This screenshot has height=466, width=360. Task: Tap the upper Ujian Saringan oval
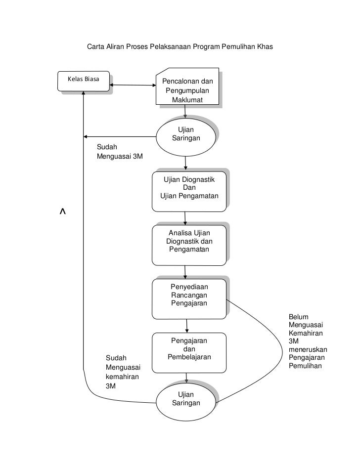(186, 134)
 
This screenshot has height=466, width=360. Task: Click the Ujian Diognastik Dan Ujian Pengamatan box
(189, 189)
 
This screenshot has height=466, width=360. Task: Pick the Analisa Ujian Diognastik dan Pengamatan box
(189, 242)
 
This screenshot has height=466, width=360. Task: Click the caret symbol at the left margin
(63, 212)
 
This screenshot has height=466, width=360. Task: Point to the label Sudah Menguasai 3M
(119, 152)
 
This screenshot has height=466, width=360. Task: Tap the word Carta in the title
(96, 47)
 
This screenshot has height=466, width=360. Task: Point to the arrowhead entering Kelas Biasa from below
(84, 95)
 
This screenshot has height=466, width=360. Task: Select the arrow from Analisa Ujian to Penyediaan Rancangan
(185, 271)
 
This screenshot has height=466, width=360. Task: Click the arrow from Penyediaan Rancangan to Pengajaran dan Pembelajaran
(187, 325)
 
